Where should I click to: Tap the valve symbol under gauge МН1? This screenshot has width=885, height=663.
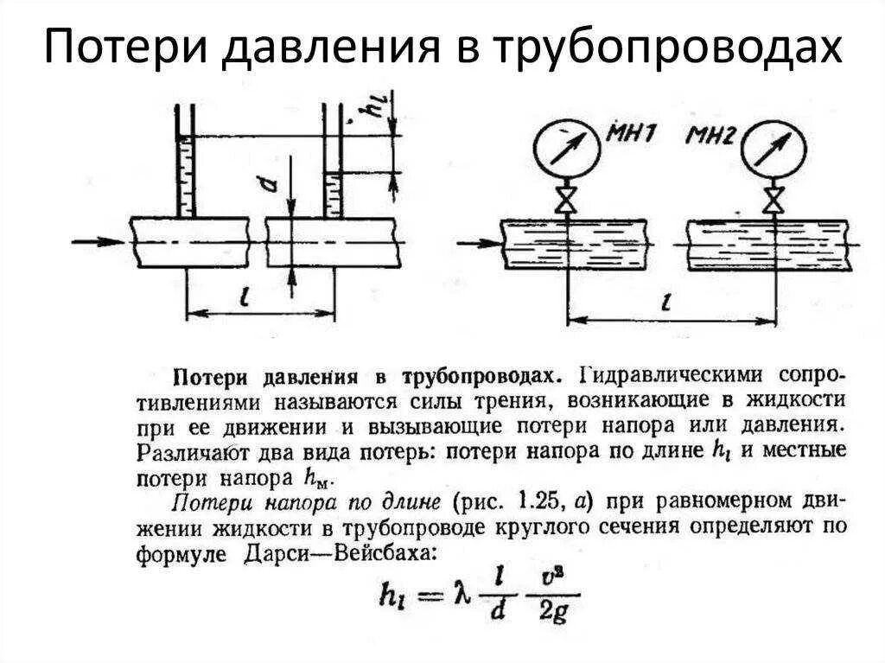(567, 201)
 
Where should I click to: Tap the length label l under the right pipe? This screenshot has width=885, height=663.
(667, 305)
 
